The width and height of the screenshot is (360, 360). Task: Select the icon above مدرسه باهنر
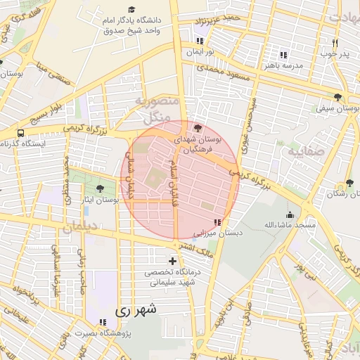pyautogui.click(x=283, y=54)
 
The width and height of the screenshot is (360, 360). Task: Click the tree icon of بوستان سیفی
pyautogui.click(x=338, y=98)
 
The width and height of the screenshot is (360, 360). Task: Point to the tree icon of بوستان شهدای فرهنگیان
pyautogui.click(x=198, y=128)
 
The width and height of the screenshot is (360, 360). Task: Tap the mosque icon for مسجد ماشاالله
pyautogui.click(x=289, y=214)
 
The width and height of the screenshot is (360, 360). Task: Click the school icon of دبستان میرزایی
pyautogui.click(x=207, y=222)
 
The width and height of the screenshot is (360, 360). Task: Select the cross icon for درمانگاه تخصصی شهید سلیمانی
pyautogui.click(x=172, y=262)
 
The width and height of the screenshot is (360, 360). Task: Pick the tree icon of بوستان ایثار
pyautogui.click(x=99, y=188)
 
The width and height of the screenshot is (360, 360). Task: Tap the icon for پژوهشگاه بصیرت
pyautogui.click(x=103, y=322)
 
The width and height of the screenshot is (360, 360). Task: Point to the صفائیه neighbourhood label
pyautogui.click(x=304, y=151)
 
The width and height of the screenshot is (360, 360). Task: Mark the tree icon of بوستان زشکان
pyautogui.click(x=340, y=184)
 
